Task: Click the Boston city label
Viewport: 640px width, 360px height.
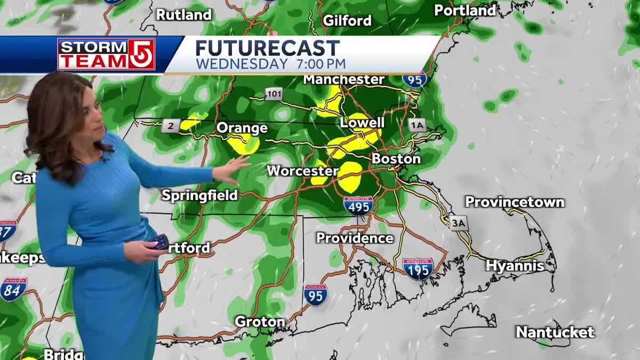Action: click(x=396, y=159)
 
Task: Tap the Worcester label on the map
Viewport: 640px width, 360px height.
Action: click(x=302, y=171)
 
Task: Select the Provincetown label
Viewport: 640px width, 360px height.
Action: click(x=514, y=202)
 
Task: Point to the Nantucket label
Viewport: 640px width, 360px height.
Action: click(x=555, y=332)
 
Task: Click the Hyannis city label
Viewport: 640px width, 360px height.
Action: click(x=515, y=266)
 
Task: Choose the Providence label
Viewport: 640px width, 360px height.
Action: click(x=355, y=238)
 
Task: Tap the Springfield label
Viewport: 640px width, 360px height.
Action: click(x=199, y=195)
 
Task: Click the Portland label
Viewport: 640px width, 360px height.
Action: click(x=465, y=10)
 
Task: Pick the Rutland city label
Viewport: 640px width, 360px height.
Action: click(x=183, y=15)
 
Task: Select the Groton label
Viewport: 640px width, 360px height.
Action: click(x=260, y=322)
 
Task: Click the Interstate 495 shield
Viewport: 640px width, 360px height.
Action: click(x=358, y=205)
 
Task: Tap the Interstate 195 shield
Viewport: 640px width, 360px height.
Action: click(x=418, y=268)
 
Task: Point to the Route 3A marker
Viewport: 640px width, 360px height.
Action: click(x=458, y=223)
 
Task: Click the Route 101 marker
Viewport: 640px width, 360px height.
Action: click(x=274, y=94)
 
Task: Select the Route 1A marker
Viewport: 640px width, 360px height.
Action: click(x=417, y=125)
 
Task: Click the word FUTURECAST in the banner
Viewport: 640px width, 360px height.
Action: click(x=267, y=48)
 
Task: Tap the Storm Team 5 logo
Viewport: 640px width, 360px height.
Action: click(x=106, y=54)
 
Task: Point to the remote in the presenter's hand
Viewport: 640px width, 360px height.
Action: click(x=160, y=242)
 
